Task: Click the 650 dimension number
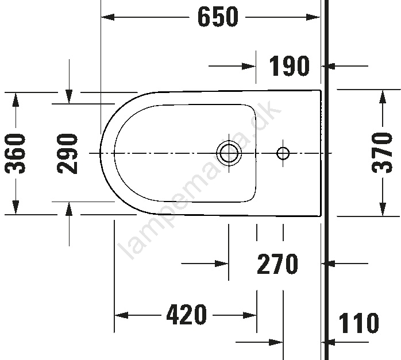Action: (218, 17)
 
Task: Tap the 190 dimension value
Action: (289, 66)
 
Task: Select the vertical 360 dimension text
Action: (16, 153)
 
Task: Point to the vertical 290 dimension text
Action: (67, 153)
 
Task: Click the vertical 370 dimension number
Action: (382, 153)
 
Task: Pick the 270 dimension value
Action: (277, 264)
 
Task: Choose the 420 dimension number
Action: (186, 315)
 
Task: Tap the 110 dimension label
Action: (358, 323)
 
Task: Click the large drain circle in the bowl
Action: (229, 153)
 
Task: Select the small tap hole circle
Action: (283, 153)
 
